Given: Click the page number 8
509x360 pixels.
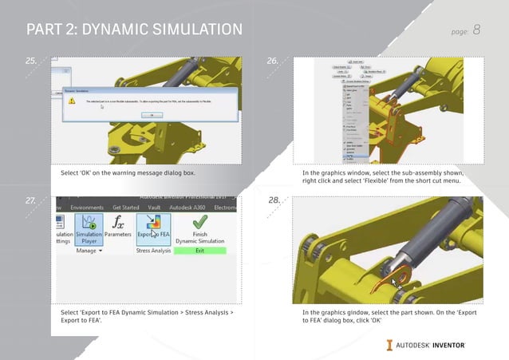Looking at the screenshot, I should point(476,30).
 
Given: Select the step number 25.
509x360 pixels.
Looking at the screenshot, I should point(30,61).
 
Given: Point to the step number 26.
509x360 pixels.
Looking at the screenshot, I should point(272,61).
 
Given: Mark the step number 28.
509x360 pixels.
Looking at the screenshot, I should point(272,200).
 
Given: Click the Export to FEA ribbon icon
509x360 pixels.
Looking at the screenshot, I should point(153,225).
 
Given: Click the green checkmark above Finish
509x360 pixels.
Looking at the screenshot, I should point(199,220).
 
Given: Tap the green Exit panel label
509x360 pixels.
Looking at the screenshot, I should point(199,251).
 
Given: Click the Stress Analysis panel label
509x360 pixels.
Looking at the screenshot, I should point(153,251).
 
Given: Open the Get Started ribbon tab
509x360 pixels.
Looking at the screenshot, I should point(132,206).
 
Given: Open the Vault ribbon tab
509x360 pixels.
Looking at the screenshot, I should point(167,206).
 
